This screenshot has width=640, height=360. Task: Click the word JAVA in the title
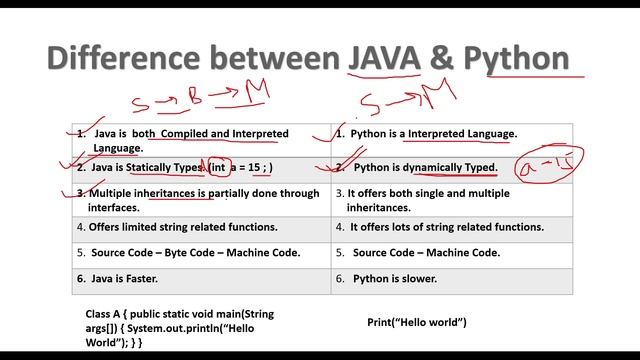click(x=385, y=58)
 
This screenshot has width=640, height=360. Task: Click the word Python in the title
click(x=513, y=58)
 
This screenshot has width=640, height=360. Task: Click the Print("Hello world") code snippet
click(x=417, y=322)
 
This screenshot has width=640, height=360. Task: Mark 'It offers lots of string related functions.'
click(x=446, y=227)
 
